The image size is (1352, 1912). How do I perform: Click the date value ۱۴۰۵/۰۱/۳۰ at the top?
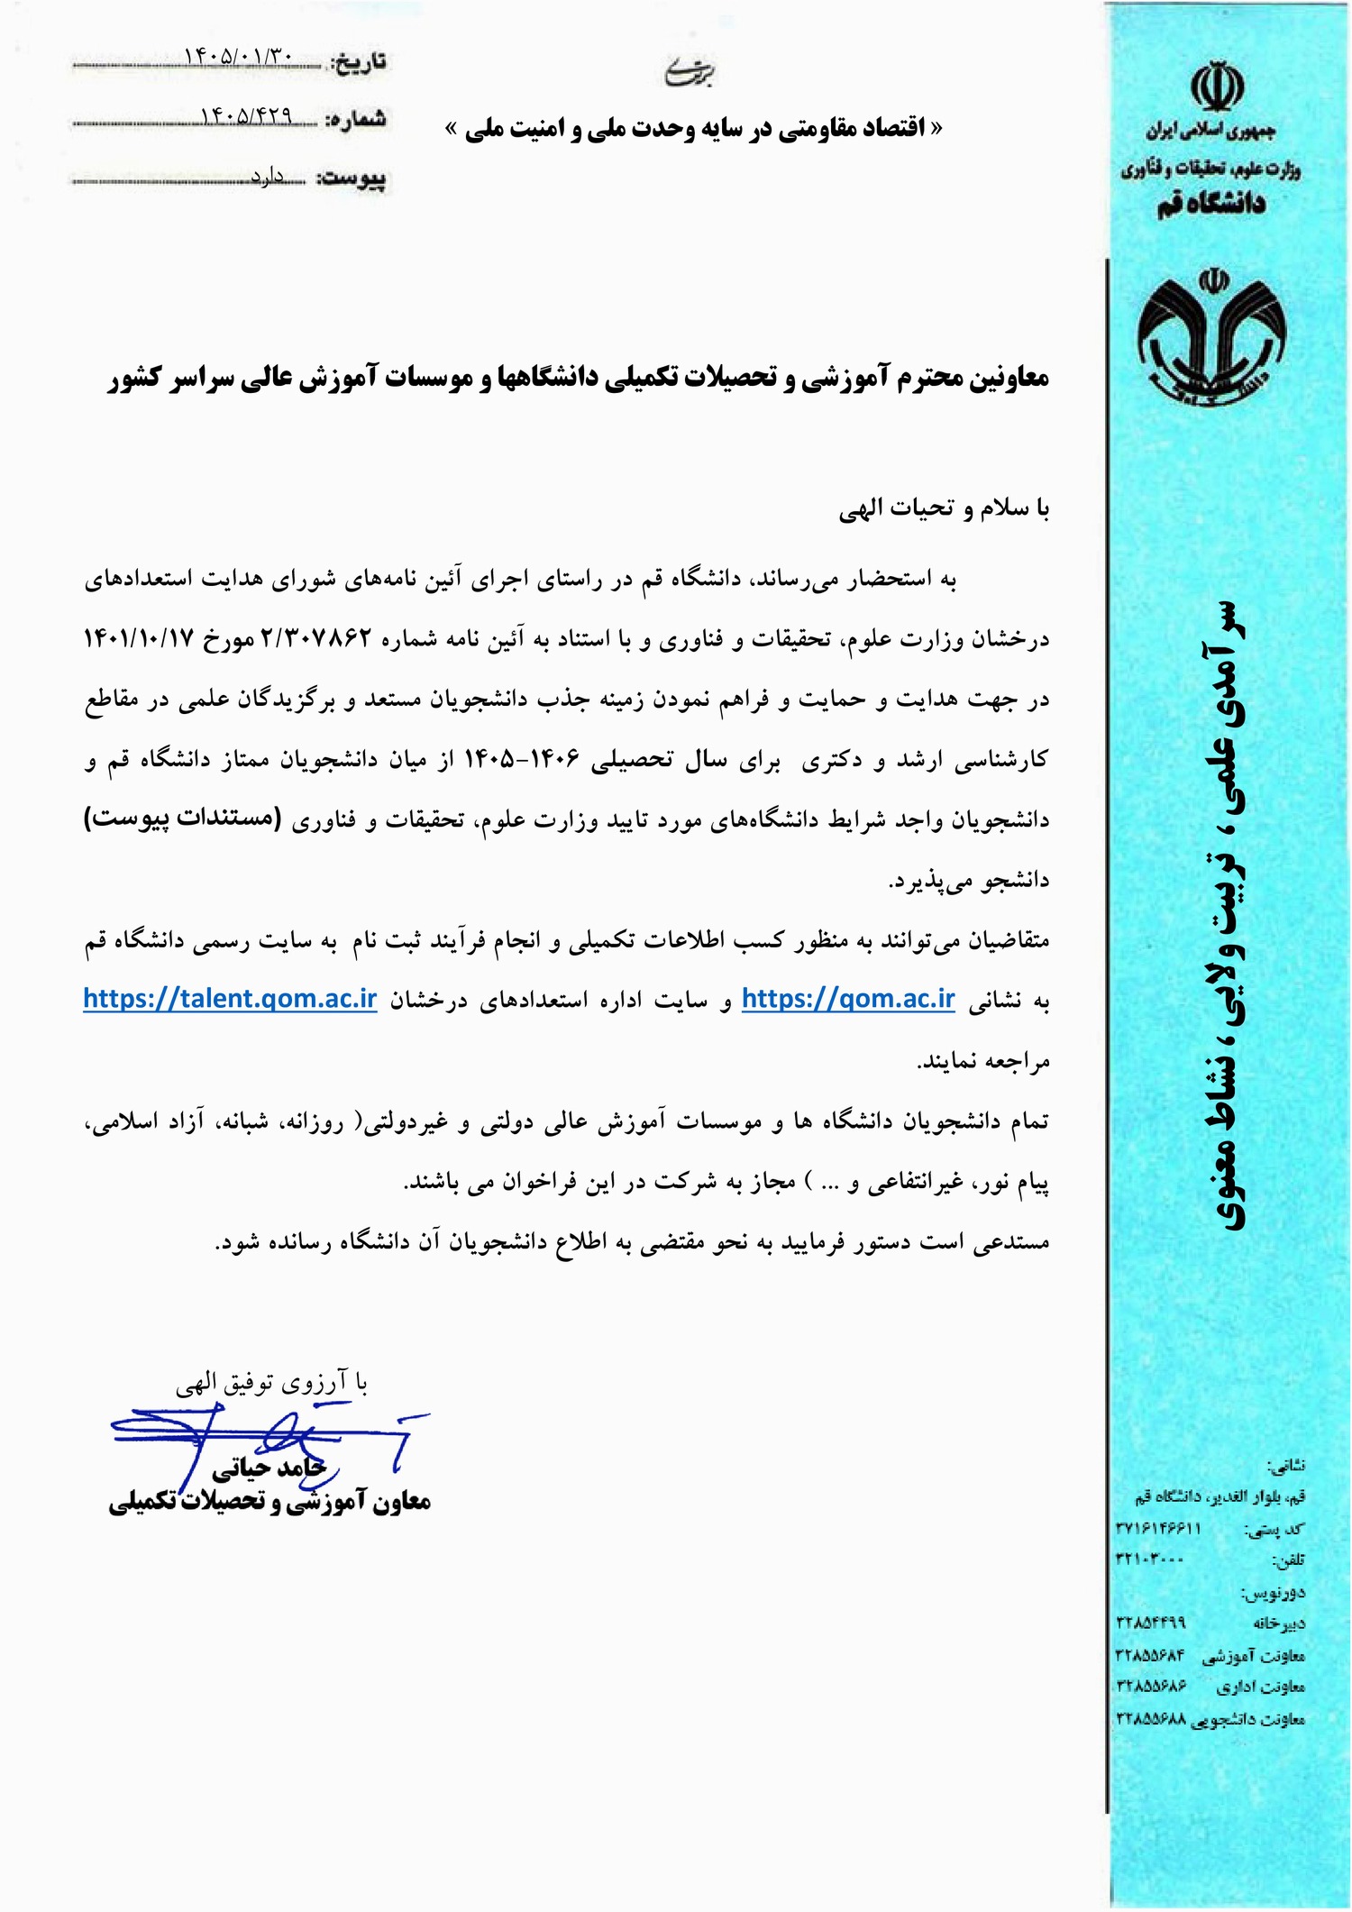(238, 57)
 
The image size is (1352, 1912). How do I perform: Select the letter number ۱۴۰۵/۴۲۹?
(247, 115)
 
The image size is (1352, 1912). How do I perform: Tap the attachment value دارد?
(268, 177)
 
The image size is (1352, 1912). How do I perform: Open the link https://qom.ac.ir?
(847, 1000)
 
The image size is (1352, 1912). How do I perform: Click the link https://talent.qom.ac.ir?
(230, 1000)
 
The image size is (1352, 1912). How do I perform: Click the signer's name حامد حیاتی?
(266, 1469)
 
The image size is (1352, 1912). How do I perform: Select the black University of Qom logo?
(1210, 334)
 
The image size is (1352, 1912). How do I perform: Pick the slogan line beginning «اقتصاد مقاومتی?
(694, 129)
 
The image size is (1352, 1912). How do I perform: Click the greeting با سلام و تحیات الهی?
(944, 510)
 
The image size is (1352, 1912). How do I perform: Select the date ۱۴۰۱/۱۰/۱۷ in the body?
(140, 639)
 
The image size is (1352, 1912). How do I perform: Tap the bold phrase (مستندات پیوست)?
(182, 819)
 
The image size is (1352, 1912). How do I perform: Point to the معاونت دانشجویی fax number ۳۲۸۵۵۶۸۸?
(1151, 1718)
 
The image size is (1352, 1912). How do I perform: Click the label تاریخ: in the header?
(359, 61)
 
